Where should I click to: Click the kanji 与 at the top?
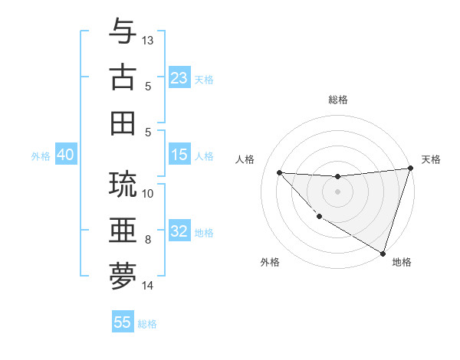[123, 32]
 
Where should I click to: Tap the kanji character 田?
[123, 123]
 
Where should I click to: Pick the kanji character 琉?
[123, 185]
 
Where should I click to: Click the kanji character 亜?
[123, 230]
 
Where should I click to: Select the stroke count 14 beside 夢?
[148, 286]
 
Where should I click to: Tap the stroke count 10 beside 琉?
[148, 193]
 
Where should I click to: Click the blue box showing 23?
[179, 77]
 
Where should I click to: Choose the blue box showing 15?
[179, 155]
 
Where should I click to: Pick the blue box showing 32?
[179, 231]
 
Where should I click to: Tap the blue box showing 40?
[65, 155]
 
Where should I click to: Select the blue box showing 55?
[123, 322]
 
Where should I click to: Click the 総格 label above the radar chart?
[337, 100]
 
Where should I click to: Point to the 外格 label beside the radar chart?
[270, 263]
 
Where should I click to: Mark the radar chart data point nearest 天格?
[410, 169]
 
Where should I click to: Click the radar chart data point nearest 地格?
[383, 252]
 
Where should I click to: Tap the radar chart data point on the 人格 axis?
[279, 172]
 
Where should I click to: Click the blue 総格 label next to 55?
[147, 324]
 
